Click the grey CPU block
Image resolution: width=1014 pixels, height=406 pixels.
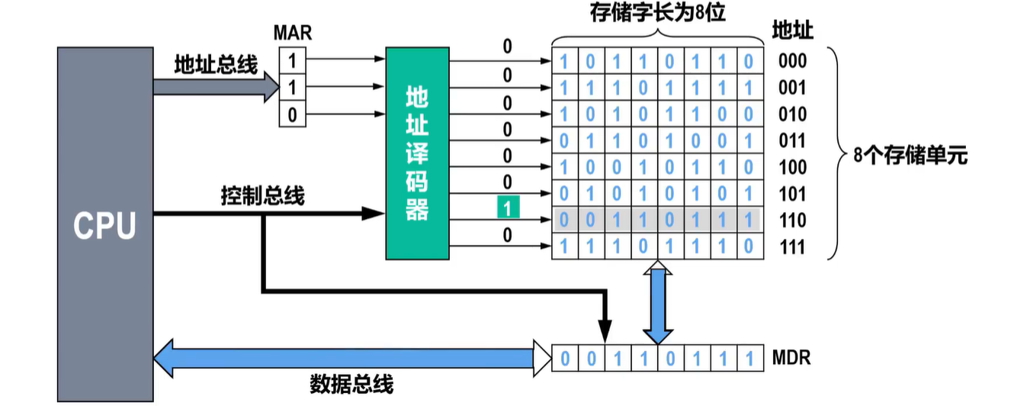click(x=105, y=225)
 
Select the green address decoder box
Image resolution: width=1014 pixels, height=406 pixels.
click(x=416, y=153)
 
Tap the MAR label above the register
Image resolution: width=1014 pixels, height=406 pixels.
click(x=293, y=33)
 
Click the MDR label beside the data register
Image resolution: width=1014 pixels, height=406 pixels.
click(x=791, y=357)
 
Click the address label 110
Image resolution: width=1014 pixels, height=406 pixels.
click(x=793, y=221)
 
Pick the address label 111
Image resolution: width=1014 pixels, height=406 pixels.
click(x=793, y=247)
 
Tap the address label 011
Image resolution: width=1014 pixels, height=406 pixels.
click(x=793, y=141)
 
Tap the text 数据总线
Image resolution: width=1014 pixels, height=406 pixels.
click(x=351, y=384)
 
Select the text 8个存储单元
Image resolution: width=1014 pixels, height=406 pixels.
click(x=910, y=156)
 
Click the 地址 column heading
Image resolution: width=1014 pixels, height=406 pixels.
click(x=792, y=31)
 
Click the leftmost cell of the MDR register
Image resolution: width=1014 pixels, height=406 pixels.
click(x=564, y=358)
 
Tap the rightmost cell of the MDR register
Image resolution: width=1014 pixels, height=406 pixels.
click(x=749, y=358)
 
